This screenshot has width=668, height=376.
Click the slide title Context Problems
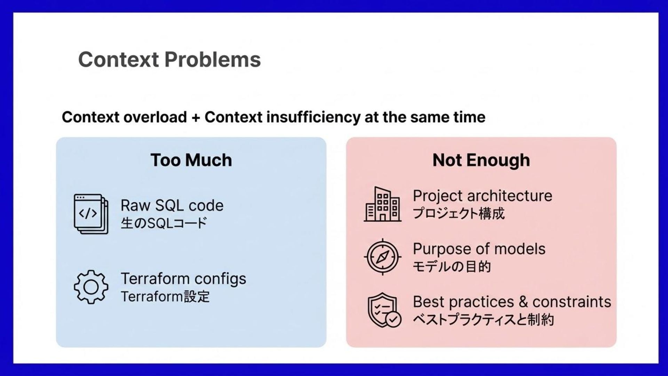169,60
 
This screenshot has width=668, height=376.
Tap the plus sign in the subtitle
196,118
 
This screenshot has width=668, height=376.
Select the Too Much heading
191,160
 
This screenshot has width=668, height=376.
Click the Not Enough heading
481,160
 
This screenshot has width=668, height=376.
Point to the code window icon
91,214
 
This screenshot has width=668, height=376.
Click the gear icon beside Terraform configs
91,287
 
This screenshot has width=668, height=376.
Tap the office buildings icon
382,204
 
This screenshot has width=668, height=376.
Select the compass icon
382,257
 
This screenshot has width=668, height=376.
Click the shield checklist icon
384,310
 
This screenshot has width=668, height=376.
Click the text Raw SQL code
172,205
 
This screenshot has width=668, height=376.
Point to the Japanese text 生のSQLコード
164,223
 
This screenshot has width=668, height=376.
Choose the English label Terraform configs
183,279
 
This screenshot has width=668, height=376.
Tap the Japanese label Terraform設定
165,297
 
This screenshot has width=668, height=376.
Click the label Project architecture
483,196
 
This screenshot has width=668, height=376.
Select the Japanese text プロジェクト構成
459,213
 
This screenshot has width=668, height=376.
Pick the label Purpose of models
479,249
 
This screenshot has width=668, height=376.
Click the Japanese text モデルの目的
452,267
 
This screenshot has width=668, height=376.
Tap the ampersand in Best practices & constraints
523,302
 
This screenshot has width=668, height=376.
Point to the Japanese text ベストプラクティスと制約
483,320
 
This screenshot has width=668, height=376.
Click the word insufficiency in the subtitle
313,117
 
